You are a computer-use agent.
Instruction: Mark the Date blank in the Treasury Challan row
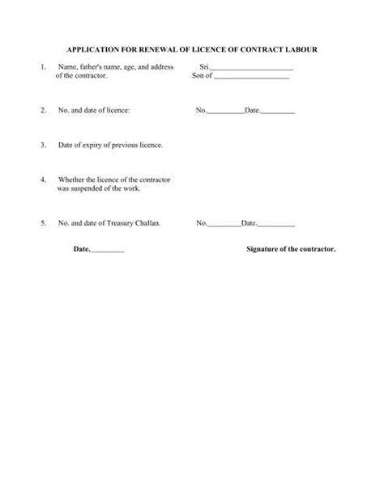point(277,222)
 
